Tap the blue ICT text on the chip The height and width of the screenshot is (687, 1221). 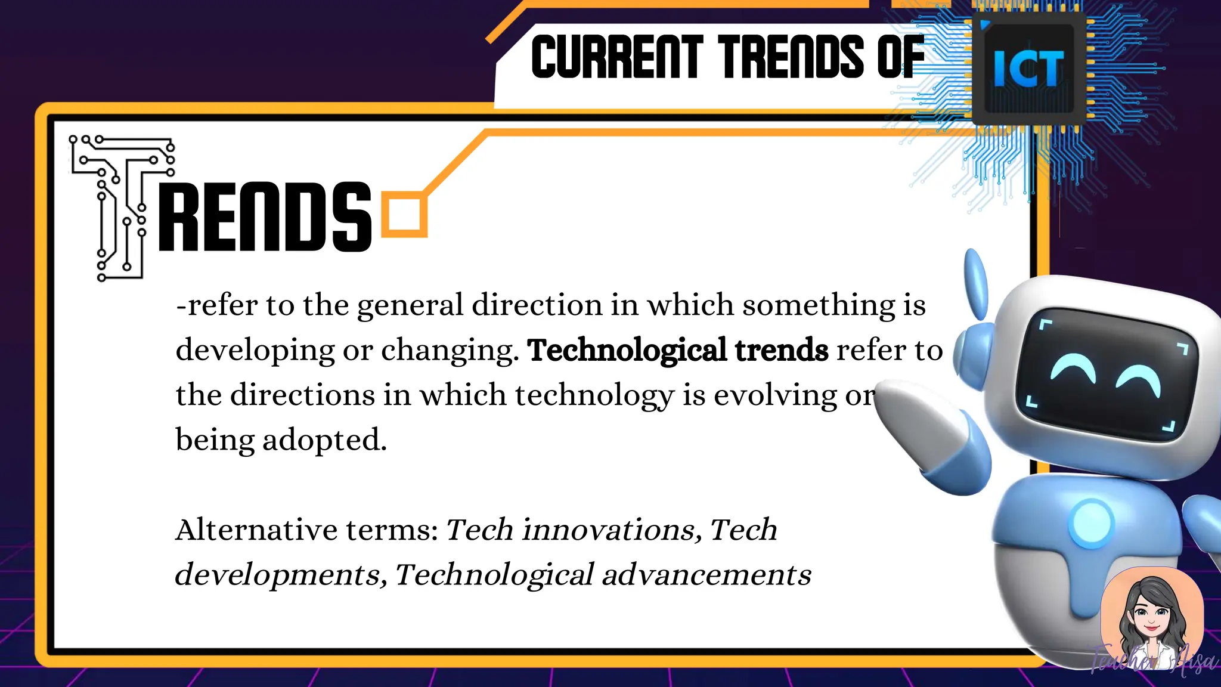[1028, 69]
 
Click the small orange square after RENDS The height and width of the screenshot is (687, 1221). [404, 214]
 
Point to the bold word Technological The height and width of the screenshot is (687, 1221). [627, 350]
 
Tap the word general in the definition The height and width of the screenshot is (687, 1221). [410, 305]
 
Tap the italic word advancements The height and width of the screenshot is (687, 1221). [706, 575]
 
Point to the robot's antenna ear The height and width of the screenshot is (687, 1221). [976, 283]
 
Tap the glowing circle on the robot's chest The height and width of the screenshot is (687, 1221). [1092, 523]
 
